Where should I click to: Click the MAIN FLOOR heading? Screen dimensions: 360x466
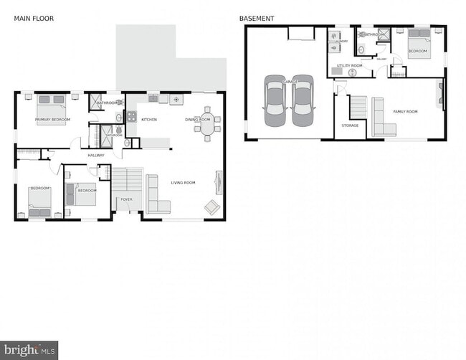(x=34, y=18)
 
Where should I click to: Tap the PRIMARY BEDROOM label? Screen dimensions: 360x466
(x=52, y=119)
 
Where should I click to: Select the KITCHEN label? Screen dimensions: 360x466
(x=149, y=120)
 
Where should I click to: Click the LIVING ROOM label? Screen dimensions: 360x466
(x=183, y=183)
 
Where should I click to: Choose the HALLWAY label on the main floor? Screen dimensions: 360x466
(x=96, y=156)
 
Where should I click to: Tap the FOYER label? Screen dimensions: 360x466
(x=126, y=200)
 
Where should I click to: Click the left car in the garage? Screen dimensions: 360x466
(x=275, y=100)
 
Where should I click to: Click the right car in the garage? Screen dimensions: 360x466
(x=303, y=100)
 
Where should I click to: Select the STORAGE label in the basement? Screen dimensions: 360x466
(x=350, y=125)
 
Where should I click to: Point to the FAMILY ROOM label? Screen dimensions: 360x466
(x=405, y=112)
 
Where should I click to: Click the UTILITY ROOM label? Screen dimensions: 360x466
(x=350, y=65)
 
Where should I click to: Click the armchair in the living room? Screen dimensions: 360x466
(x=212, y=207)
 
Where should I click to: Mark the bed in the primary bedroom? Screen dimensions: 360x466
(x=52, y=108)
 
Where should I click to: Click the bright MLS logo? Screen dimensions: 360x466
(x=29, y=350)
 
